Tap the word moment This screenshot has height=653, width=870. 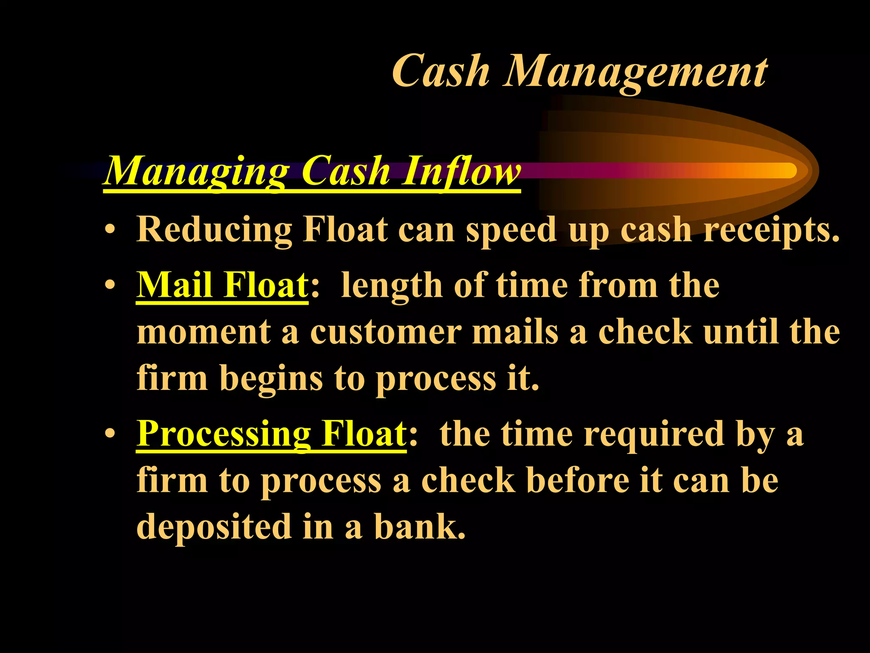[203, 332]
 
